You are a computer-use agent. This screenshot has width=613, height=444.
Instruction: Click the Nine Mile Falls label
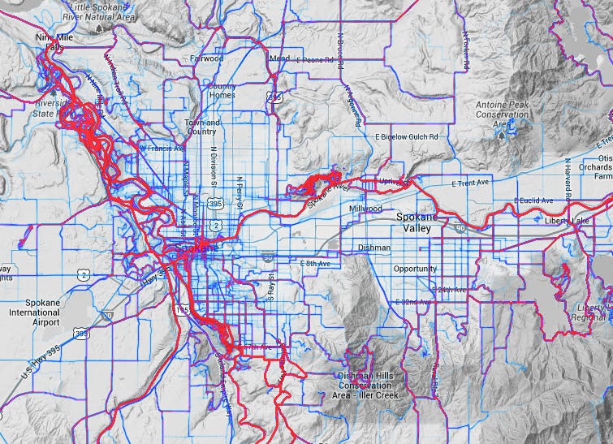coord(50,42)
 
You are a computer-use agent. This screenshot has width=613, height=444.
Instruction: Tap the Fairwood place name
coord(206,58)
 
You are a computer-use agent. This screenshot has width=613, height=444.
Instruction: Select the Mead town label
coord(280,58)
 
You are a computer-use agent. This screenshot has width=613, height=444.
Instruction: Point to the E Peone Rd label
coord(316,60)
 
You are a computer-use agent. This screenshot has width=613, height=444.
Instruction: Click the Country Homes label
coord(222,90)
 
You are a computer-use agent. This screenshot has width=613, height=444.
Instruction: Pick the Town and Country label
coord(201,127)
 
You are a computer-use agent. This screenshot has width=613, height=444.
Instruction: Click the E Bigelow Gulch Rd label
coord(411,137)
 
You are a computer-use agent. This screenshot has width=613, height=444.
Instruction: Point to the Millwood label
coord(366,209)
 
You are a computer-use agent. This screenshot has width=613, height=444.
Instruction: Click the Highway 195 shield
coord(181,310)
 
